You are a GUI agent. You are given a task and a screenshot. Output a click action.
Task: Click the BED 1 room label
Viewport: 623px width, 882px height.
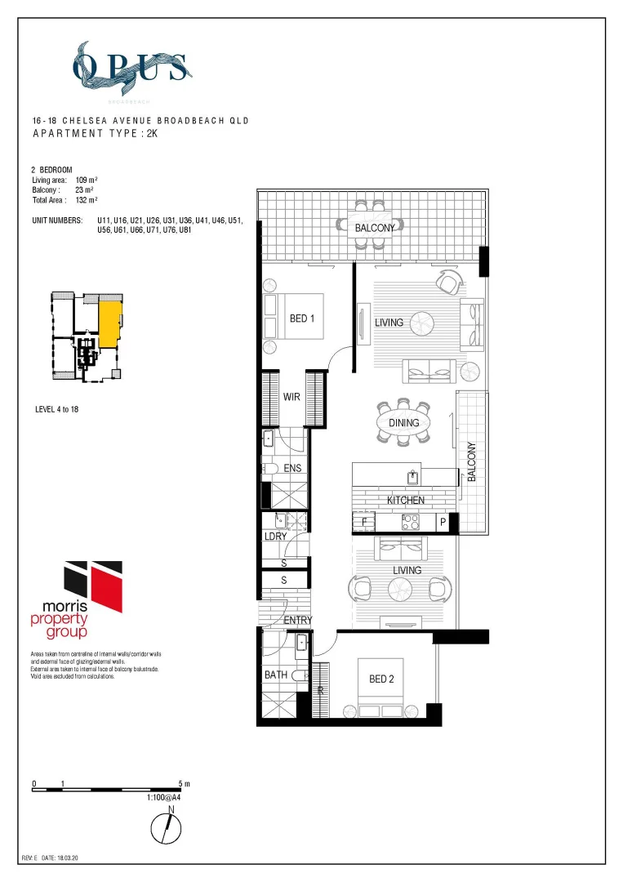tap(302, 318)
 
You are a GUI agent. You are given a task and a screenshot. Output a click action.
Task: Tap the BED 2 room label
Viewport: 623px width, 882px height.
tap(381, 679)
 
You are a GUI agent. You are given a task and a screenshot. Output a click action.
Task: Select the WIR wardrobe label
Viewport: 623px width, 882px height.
tap(292, 397)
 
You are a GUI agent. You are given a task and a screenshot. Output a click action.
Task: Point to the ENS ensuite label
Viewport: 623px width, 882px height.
tap(293, 468)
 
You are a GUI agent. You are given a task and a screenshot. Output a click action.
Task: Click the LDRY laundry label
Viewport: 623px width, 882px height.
tap(275, 537)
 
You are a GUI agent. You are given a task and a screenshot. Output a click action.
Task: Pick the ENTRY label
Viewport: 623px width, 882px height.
tap(298, 621)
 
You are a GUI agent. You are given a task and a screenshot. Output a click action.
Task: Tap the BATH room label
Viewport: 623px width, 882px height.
tap(275, 675)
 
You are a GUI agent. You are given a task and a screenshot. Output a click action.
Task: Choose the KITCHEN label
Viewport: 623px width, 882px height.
tap(405, 500)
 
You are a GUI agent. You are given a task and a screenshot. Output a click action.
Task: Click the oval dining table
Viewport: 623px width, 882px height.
tap(403, 423)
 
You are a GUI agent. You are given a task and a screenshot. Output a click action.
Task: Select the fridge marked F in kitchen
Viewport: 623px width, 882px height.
tap(364, 521)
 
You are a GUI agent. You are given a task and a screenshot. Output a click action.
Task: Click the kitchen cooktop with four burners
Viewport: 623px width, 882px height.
tap(409, 521)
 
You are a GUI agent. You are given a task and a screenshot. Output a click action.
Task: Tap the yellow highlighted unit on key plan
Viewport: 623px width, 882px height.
tap(109, 323)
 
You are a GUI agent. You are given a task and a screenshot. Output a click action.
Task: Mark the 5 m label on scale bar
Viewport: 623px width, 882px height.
tap(184, 784)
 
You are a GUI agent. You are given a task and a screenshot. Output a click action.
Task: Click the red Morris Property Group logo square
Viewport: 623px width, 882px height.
tap(108, 586)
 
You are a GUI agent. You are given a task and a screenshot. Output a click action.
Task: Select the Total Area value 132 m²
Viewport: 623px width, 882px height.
tap(86, 199)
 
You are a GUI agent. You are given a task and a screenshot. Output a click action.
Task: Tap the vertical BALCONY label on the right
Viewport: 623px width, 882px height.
tap(470, 462)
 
